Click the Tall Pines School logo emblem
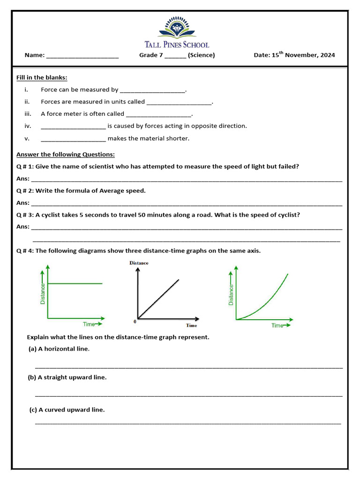(177, 27)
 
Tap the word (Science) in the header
(202, 55)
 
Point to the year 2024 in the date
(327, 55)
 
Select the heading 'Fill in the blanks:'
(42, 77)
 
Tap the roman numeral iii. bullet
(27, 114)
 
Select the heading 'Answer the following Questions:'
(66, 154)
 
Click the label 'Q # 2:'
(25, 191)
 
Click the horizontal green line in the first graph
(75, 284)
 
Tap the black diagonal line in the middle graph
(158, 299)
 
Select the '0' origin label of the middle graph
(135, 321)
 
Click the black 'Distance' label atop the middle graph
(139, 263)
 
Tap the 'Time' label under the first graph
(89, 324)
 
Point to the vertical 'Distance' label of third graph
(231, 295)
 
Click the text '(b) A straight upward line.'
(67, 377)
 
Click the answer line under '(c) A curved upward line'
(187, 424)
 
